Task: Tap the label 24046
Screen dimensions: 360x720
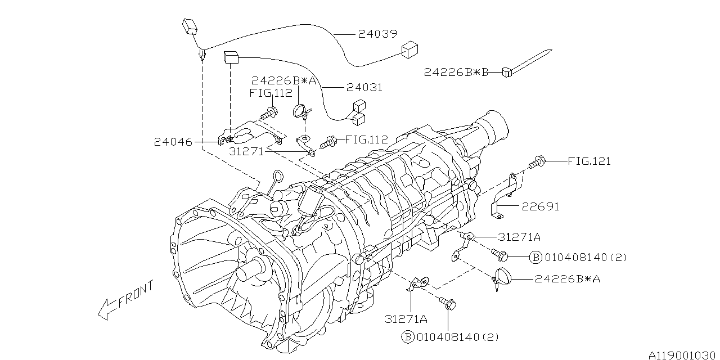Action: click(x=173, y=142)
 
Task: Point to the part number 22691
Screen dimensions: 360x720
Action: click(x=540, y=206)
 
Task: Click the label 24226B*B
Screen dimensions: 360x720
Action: click(x=456, y=72)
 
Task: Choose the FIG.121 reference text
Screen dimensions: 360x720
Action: click(x=589, y=161)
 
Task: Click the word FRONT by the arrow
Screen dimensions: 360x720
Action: click(x=135, y=296)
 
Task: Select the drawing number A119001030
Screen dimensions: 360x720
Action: click(x=683, y=354)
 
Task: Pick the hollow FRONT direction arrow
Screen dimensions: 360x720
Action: click(x=106, y=309)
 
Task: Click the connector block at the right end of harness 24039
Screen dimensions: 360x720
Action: click(x=409, y=50)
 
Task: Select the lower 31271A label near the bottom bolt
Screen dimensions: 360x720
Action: click(x=406, y=319)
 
